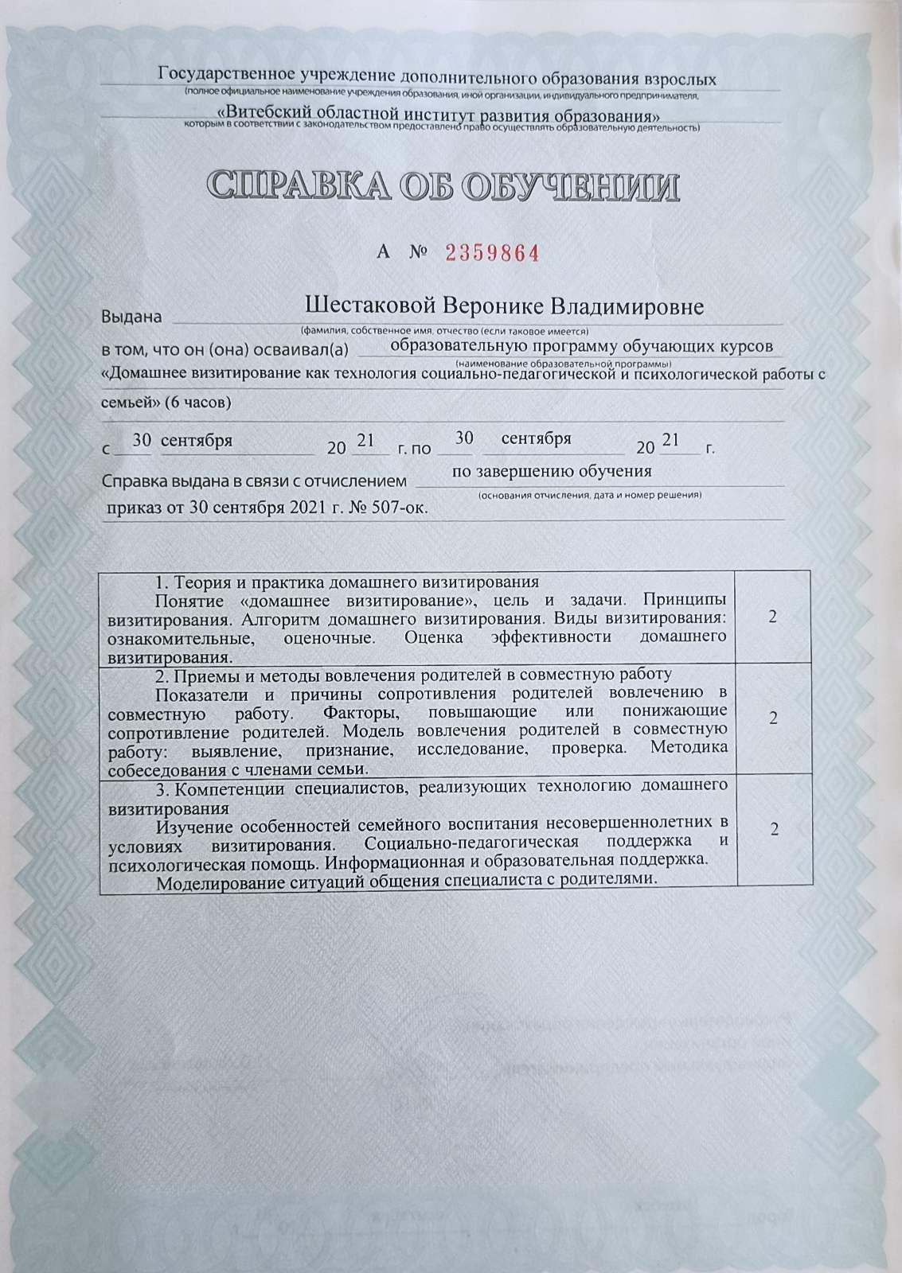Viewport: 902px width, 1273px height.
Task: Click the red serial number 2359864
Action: point(493,254)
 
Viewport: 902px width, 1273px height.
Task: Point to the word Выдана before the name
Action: point(131,317)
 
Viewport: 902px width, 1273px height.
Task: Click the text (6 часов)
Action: point(198,403)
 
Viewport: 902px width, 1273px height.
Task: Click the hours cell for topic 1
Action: point(773,617)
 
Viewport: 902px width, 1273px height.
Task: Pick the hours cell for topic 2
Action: point(773,718)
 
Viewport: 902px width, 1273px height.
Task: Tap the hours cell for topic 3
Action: point(773,829)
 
